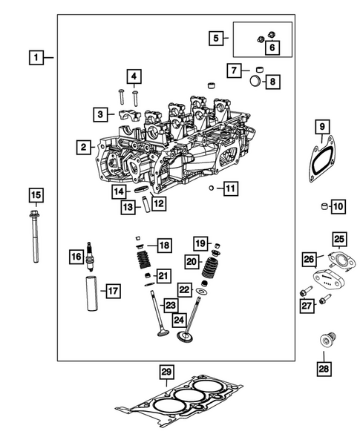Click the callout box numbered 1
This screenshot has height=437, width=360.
tap(35, 56)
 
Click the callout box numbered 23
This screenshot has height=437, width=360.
tap(171, 304)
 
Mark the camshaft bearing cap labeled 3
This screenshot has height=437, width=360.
tap(125, 116)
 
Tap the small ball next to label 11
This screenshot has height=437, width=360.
tap(212, 189)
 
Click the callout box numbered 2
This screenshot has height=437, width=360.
tap(85, 148)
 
